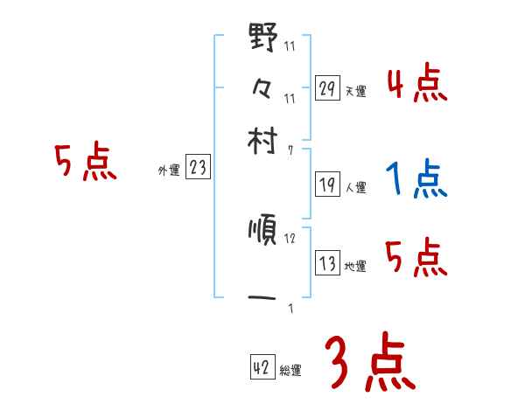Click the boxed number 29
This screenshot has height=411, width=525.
pyautogui.click(x=327, y=88)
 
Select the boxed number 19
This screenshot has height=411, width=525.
pyautogui.click(x=327, y=185)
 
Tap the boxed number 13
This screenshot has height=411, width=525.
pyautogui.click(x=327, y=263)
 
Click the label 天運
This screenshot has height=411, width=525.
pyautogui.click(x=355, y=91)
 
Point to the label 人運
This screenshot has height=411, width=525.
pyautogui.click(x=355, y=187)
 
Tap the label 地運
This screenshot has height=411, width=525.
pyautogui.click(x=355, y=266)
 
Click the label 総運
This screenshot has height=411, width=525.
pyautogui.click(x=290, y=371)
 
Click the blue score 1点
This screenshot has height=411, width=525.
pyautogui.click(x=416, y=180)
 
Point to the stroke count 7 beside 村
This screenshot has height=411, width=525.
pyautogui.click(x=290, y=150)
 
